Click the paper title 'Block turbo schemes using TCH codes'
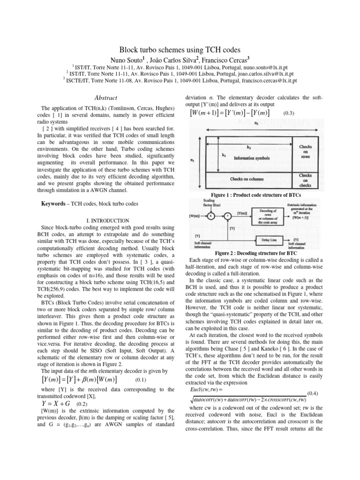[180, 49]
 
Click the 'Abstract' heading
[95, 97]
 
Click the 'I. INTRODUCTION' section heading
[95, 220]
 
